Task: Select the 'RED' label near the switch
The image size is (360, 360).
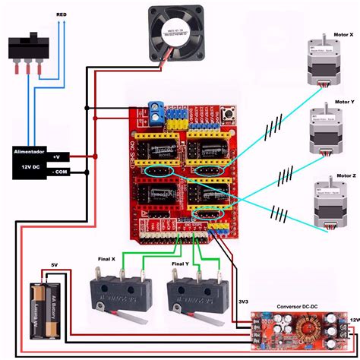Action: pyautogui.click(x=62, y=14)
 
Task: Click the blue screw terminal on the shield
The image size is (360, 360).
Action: pyautogui.click(x=156, y=116)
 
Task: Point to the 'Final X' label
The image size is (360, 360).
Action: pyautogui.click(x=107, y=258)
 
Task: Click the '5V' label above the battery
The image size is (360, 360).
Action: pyautogui.click(x=54, y=265)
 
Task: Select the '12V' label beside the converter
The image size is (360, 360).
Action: pyautogui.click(x=352, y=320)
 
